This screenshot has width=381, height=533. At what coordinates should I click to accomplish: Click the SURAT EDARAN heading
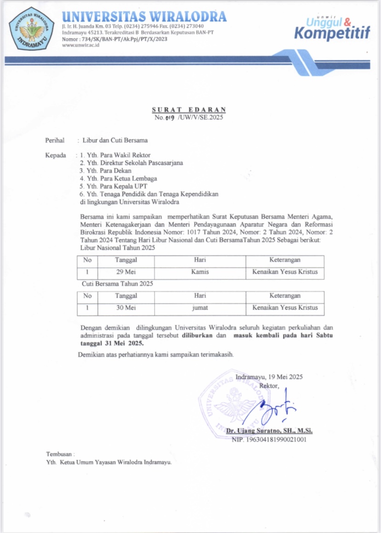pyautogui.click(x=189, y=110)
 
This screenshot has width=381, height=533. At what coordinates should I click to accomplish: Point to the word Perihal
pyautogui.click(x=55, y=140)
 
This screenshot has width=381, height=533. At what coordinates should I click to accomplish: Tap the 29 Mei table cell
pyautogui.click(x=126, y=272)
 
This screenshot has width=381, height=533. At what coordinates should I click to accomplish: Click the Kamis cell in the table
pyautogui.click(x=200, y=272)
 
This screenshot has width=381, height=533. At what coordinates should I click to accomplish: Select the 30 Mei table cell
pyautogui.click(x=126, y=307)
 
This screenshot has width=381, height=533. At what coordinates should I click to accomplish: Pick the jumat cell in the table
pyautogui.click(x=200, y=307)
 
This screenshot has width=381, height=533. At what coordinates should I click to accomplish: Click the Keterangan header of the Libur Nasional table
pyautogui.click(x=284, y=260)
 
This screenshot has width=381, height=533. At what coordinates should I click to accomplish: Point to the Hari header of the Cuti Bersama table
pyautogui.click(x=200, y=295)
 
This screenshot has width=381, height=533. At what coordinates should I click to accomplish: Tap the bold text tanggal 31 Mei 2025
pyautogui.click(x=112, y=343)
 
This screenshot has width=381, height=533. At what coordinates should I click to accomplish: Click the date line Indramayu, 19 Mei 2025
pyautogui.click(x=269, y=377)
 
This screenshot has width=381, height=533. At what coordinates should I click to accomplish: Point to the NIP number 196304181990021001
pyautogui.click(x=269, y=440)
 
